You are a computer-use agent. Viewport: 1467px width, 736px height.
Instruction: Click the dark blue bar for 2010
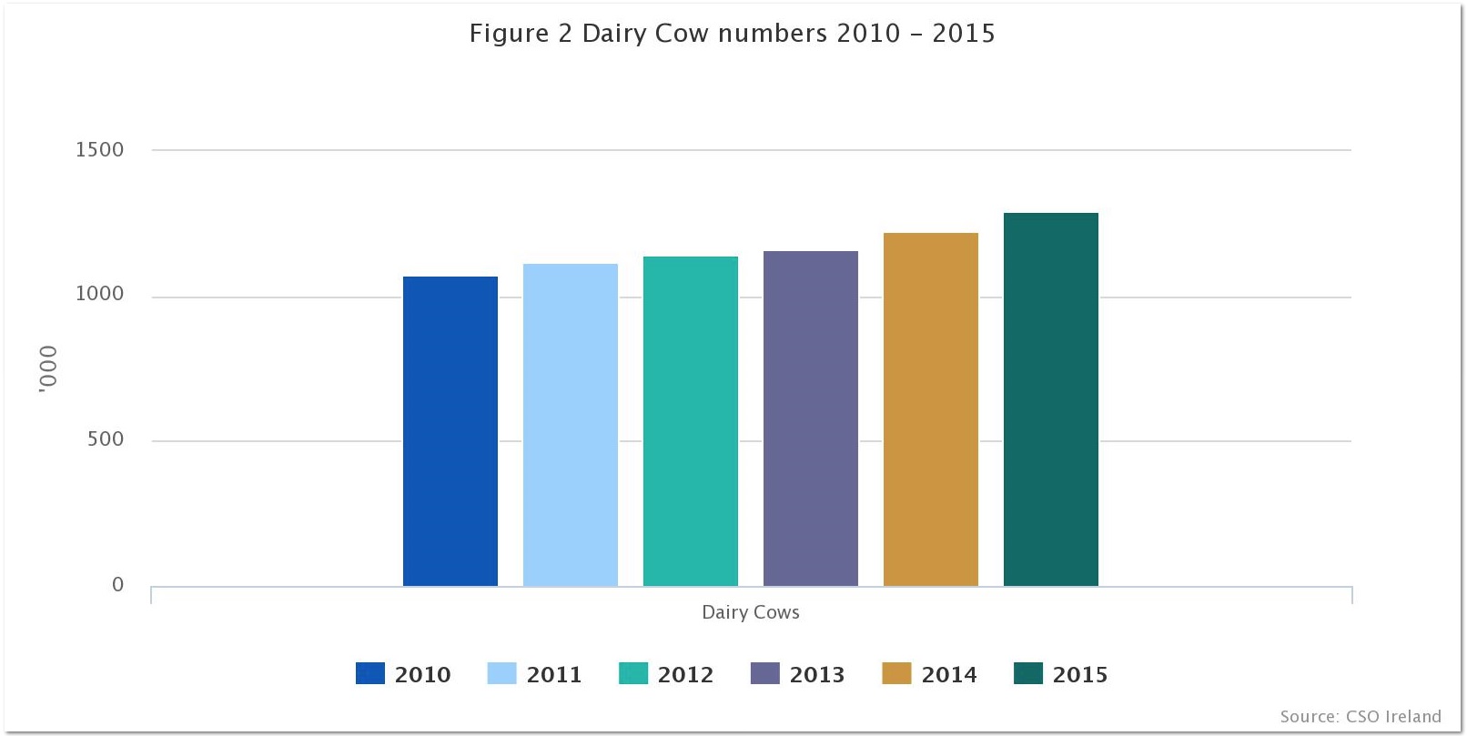(450, 431)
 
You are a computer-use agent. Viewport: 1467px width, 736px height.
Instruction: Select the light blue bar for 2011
(570, 425)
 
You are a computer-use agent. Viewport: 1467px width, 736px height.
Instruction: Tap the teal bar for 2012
(690, 421)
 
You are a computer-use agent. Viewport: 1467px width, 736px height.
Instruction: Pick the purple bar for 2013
(810, 418)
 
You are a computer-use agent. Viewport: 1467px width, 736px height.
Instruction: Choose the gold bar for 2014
(930, 409)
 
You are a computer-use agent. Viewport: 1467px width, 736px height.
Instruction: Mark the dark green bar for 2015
(1050, 399)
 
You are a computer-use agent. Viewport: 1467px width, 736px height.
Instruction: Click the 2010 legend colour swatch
(369, 673)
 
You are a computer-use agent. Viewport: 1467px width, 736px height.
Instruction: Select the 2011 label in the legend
(553, 674)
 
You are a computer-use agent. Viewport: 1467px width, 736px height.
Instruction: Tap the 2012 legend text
(685, 674)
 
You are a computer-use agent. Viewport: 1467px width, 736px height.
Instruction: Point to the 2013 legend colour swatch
(764, 673)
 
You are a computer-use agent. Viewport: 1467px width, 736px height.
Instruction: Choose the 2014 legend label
(948, 674)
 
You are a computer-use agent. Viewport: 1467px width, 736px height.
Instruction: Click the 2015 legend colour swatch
(1027, 673)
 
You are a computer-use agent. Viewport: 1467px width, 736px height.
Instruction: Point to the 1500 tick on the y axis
(99, 150)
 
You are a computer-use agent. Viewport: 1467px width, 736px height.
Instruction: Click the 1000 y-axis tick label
(99, 294)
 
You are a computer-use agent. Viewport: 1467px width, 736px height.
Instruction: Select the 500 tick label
(106, 439)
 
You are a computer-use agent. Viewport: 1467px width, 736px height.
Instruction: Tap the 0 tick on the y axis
(117, 585)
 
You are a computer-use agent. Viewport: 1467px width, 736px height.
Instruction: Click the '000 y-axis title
(48, 369)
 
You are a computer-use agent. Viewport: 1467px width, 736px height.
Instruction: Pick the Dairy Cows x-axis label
(750, 612)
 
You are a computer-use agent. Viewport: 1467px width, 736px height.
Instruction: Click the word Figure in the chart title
(509, 34)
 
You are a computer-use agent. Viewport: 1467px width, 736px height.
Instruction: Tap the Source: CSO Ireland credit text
(1360, 716)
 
